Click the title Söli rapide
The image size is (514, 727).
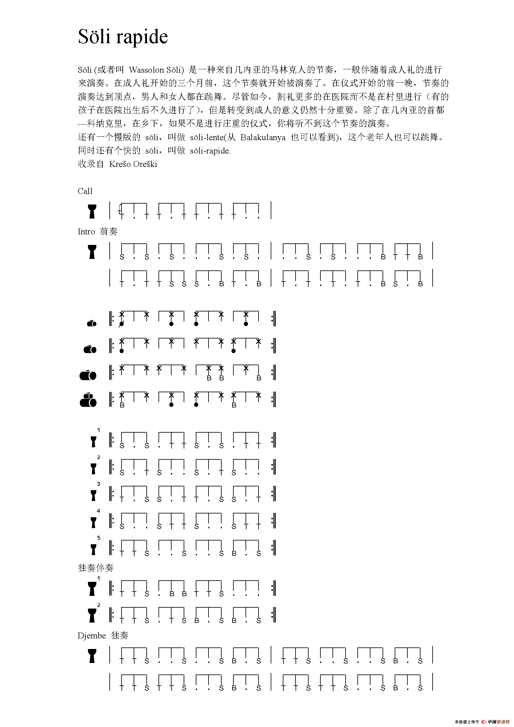pos(123,37)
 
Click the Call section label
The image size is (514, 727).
pos(85,191)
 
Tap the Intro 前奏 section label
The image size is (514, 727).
pos(98,232)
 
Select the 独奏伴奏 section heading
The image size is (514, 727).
pos(96,568)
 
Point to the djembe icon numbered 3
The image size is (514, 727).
pos(93,495)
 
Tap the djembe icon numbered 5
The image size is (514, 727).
pos(93,549)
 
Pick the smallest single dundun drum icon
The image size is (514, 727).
pos(91,323)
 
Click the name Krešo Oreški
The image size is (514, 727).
pos(133,164)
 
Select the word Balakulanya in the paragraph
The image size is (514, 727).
pos(263,137)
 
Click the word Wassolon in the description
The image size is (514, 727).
pos(146,70)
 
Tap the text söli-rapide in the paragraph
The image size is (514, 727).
pos(210,151)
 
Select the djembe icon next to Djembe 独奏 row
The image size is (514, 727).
pos(92,656)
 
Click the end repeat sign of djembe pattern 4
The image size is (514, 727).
pos(273,521)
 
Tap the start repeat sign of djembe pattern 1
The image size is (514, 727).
pos(111,440)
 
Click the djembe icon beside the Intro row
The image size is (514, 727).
pos(92,252)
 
